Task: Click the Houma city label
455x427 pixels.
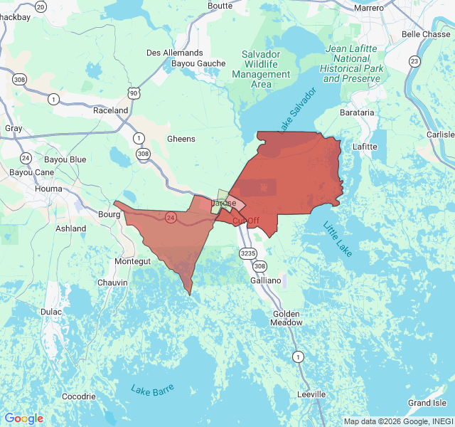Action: click(x=48, y=189)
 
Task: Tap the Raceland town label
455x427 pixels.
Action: click(x=111, y=110)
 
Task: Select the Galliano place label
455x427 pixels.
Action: click(x=266, y=281)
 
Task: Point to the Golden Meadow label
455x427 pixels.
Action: click(x=286, y=317)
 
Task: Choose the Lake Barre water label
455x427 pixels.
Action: click(x=152, y=389)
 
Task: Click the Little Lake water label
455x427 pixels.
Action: click(x=337, y=240)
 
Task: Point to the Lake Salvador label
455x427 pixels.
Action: click(x=296, y=110)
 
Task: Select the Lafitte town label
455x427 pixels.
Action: click(x=365, y=147)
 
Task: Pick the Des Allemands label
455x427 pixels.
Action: click(x=174, y=53)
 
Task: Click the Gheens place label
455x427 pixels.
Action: click(x=181, y=139)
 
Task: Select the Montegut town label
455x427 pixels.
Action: click(x=132, y=262)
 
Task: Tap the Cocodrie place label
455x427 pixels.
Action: click(x=78, y=396)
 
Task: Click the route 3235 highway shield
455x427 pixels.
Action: click(x=248, y=253)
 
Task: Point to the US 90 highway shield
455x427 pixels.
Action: click(x=134, y=93)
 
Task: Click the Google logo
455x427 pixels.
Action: click(x=23, y=418)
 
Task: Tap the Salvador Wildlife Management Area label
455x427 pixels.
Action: click(x=261, y=69)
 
